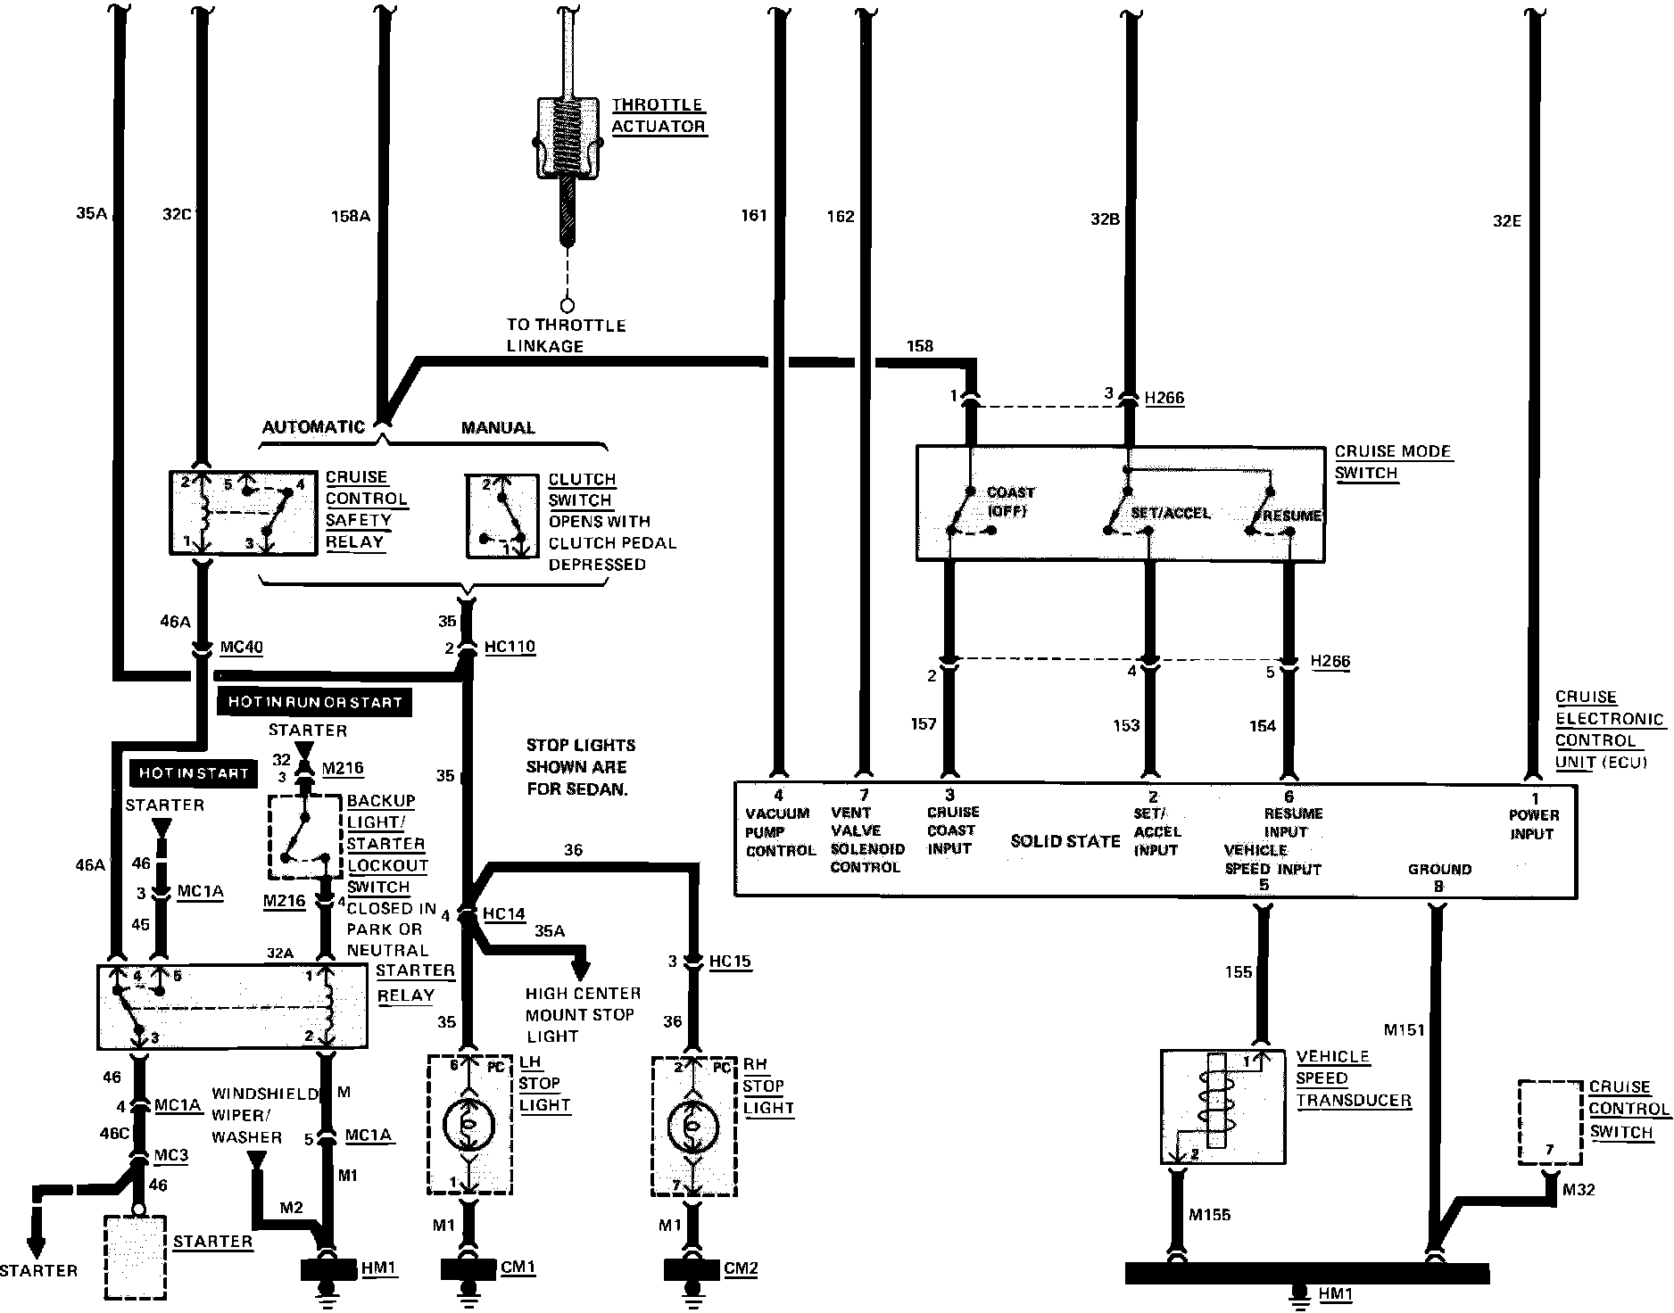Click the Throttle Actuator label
[x=659, y=116]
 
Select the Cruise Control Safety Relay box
[x=243, y=513]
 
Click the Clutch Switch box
[x=501, y=516]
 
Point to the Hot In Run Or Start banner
[x=314, y=702]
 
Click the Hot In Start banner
[x=194, y=773]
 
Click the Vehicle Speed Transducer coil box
[x=1222, y=1106]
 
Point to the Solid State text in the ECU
[x=1065, y=840]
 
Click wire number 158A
[x=350, y=215]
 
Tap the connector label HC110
[x=510, y=646]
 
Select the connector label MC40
[x=241, y=646]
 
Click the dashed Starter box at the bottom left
[x=136, y=1257]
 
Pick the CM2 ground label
[x=741, y=1268]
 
